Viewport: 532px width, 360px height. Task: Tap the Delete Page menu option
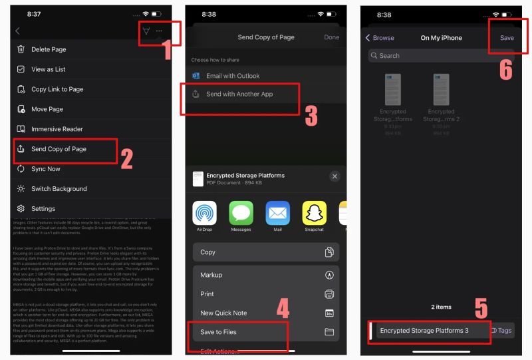coord(49,49)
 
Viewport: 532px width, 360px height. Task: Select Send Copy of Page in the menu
coord(59,149)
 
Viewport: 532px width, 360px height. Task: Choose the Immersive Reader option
coord(57,129)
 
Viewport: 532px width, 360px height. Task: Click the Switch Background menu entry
coord(59,189)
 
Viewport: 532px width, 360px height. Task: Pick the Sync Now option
coord(45,169)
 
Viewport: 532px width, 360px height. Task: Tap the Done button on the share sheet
coord(331,37)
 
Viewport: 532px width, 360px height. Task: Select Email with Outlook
coord(233,76)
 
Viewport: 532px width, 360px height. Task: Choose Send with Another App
coord(239,94)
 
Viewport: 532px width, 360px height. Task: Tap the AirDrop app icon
coord(205,214)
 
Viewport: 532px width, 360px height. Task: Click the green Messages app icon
coord(241,214)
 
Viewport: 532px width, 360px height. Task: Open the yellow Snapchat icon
coord(315,214)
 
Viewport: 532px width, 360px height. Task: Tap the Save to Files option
coord(218,332)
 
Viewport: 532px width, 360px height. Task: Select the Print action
coord(207,294)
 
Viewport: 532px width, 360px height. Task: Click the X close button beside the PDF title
coord(334,176)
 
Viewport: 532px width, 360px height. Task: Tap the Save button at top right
coord(507,38)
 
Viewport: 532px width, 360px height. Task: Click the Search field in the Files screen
coord(439,56)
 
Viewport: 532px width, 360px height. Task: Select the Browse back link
coord(380,38)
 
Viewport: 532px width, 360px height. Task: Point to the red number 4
coord(283,309)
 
